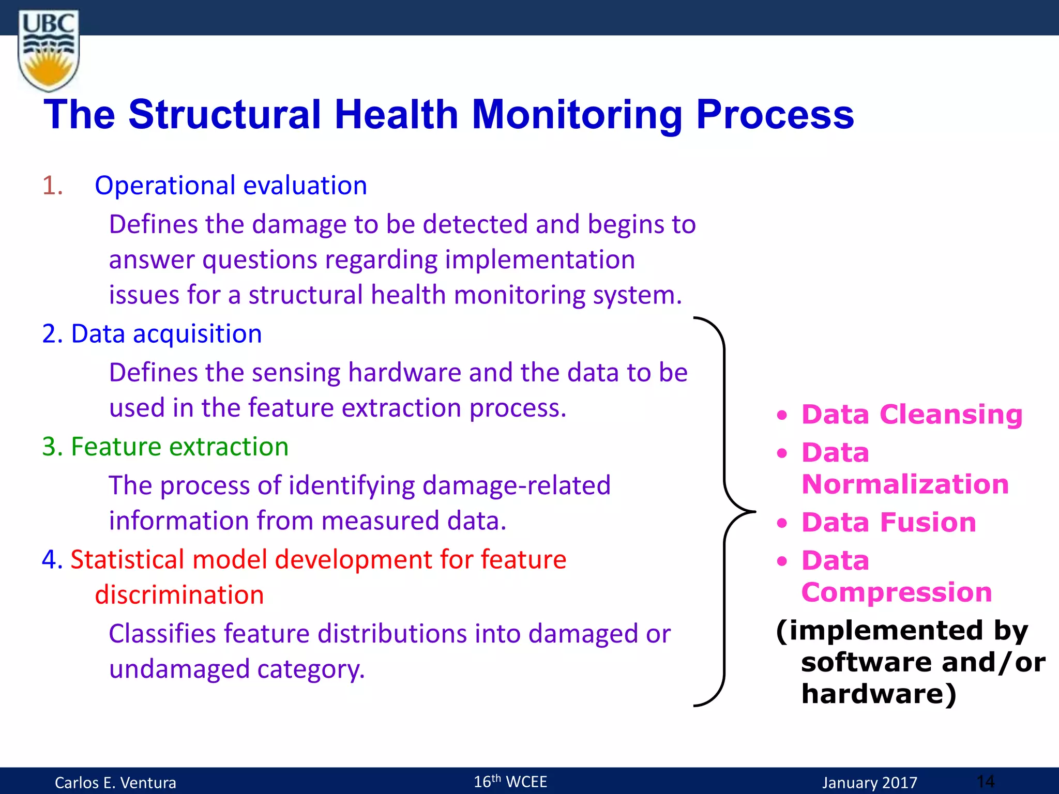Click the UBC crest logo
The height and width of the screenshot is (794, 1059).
click(x=49, y=51)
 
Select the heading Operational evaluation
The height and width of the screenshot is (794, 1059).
click(x=231, y=186)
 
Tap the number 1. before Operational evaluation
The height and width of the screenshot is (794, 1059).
click(x=53, y=186)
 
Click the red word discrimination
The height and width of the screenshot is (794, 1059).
click(x=179, y=595)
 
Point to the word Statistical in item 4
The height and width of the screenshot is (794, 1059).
click(x=127, y=560)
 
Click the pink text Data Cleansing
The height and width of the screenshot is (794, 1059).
click(x=912, y=415)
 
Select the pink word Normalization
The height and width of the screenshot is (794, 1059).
click(x=905, y=484)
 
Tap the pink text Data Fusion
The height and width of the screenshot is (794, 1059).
click(x=888, y=522)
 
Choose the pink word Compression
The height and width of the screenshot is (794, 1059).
click(x=896, y=592)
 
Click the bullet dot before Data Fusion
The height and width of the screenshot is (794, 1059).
click(x=782, y=523)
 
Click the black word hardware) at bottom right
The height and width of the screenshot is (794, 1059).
click(x=879, y=694)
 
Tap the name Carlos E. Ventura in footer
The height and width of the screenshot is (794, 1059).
click(x=115, y=783)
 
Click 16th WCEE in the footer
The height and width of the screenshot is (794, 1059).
click(x=510, y=782)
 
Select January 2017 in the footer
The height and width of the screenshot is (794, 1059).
click(x=869, y=783)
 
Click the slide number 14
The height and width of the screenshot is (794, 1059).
click(x=986, y=781)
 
